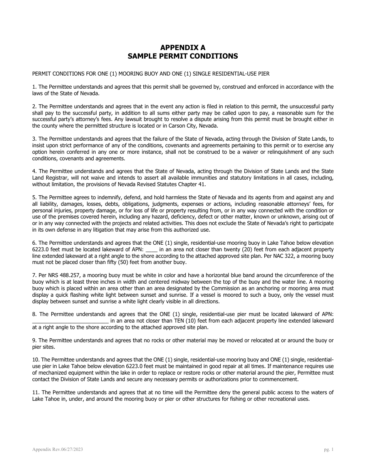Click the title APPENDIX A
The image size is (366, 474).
click(183, 48)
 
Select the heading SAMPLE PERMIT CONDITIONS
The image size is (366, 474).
click(183, 56)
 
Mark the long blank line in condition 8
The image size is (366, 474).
click(70, 321)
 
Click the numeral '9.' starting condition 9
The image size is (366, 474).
click(35, 340)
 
